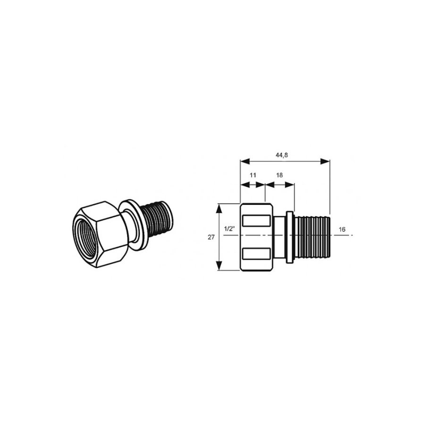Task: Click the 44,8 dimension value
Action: click(281, 155)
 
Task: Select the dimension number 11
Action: click(253, 175)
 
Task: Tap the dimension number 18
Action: click(280, 175)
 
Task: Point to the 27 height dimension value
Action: click(211, 237)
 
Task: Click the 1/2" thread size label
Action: click(229, 229)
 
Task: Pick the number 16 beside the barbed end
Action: click(342, 229)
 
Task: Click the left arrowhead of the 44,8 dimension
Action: click(245, 161)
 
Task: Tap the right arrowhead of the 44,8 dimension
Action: click(325, 161)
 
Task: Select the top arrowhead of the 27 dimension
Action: click(219, 208)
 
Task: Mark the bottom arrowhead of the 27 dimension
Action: click(219, 265)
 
